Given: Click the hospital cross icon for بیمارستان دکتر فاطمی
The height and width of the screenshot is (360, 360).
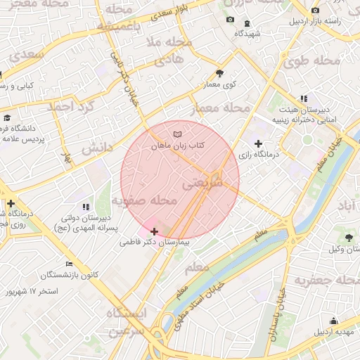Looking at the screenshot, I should [155, 231].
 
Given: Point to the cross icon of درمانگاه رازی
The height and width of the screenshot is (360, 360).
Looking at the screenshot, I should [259, 143].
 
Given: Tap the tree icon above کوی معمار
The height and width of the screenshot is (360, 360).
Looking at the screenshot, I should [220, 73].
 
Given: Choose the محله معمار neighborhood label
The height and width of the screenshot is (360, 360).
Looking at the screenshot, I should [221, 109].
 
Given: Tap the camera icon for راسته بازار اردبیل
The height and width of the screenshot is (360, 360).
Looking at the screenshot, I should [315, 10].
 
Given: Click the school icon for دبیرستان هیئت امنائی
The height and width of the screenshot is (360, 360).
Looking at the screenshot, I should [303, 99].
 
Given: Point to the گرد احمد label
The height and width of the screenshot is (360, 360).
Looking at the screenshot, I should [70, 106].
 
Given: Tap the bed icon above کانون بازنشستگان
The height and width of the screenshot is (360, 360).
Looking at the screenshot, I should [68, 264].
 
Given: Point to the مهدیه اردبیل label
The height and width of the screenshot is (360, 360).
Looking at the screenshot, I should [335, 331].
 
